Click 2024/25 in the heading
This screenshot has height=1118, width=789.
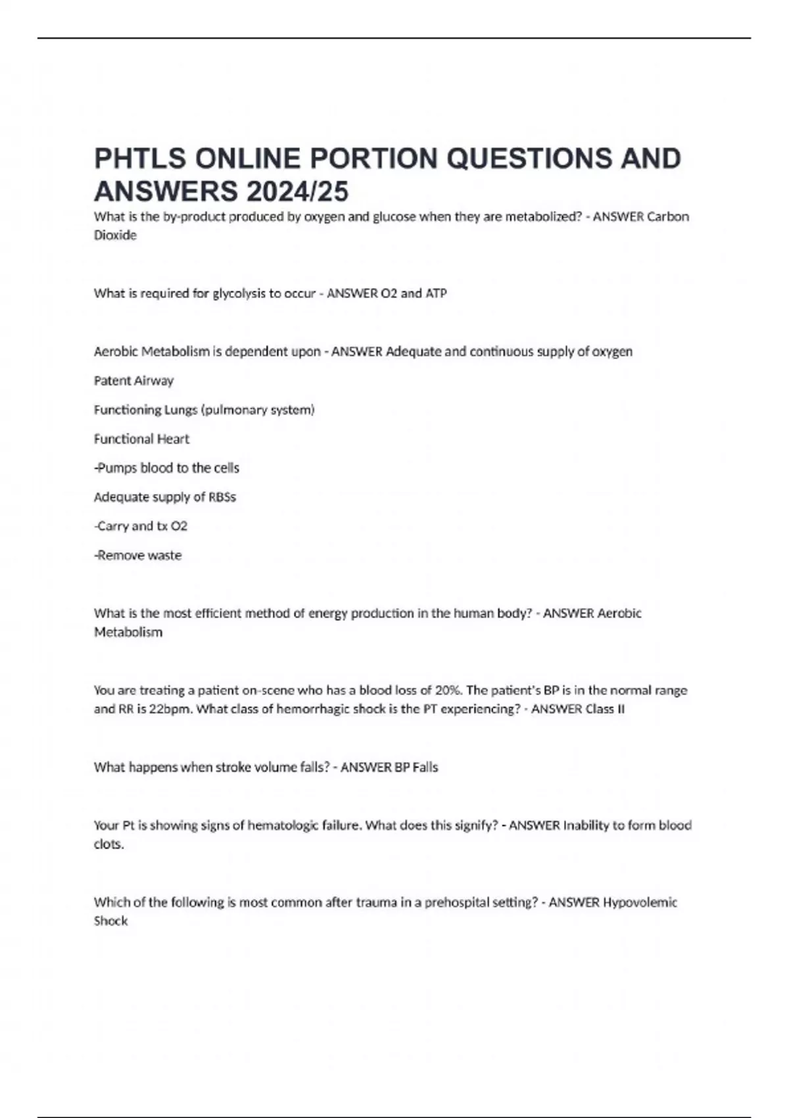[297, 191]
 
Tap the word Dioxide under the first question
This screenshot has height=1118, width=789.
[115, 235]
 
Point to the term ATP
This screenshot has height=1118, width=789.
[436, 293]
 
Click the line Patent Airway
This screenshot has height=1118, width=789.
[133, 381]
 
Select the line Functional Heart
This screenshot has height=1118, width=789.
[141, 439]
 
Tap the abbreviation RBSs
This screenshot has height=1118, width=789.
[222, 497]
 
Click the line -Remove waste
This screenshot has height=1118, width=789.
[137, 555]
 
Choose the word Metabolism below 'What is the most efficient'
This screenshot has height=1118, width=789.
[128, 632]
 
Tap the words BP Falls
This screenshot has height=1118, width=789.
[416, 767]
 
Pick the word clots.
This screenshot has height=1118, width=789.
[108, 844]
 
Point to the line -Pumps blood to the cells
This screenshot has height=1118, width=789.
[166, 468]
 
